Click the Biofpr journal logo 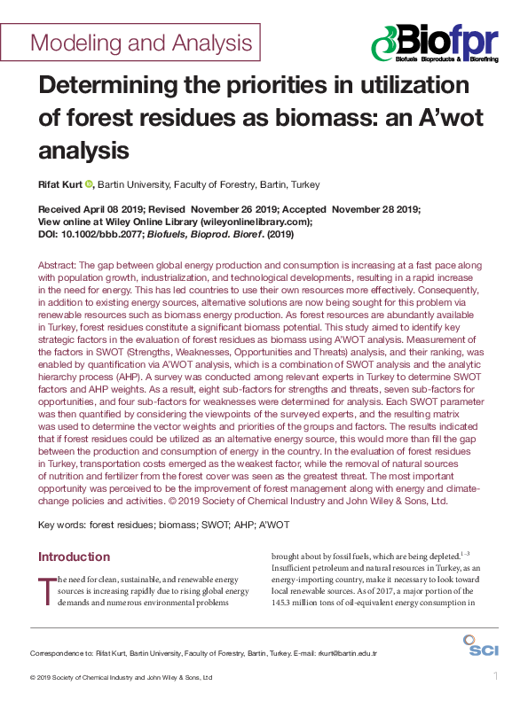[434, 42]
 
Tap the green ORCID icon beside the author [89, 184]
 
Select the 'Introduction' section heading [74, 557]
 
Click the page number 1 [495, 677]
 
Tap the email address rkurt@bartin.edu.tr [347, 653]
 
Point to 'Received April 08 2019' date [91, 209]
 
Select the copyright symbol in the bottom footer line [33, 678]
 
